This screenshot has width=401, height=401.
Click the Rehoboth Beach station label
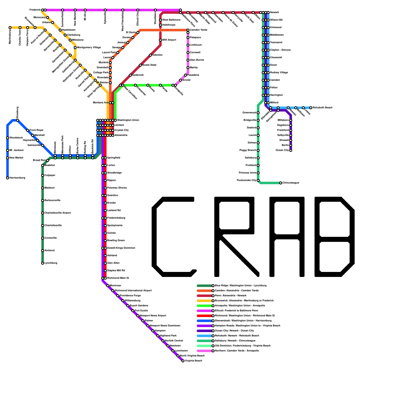point(323,108)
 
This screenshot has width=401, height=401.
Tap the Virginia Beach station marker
point(183,361)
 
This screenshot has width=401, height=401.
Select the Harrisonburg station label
point(17,178)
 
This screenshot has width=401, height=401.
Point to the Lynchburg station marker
point(43,263)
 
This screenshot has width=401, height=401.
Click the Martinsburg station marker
point(10,28)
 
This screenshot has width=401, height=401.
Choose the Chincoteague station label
point(291,183)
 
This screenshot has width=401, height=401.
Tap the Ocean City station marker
point(291,150)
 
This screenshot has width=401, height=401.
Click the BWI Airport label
point(169,40)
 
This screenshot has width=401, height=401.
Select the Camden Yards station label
point(198,30)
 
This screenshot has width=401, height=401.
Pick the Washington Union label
point(128,120)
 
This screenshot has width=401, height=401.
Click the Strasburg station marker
point(18,120)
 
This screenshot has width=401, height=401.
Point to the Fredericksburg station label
point(116,218)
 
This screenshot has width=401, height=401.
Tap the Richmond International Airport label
point(133,291)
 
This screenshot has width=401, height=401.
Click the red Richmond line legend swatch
point(204,316)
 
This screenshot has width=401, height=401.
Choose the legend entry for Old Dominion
point(243,346)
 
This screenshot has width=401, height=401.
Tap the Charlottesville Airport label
point(58,213)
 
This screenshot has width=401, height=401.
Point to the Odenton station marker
point(150,55)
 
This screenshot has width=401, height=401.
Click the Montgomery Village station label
point(89,48)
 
